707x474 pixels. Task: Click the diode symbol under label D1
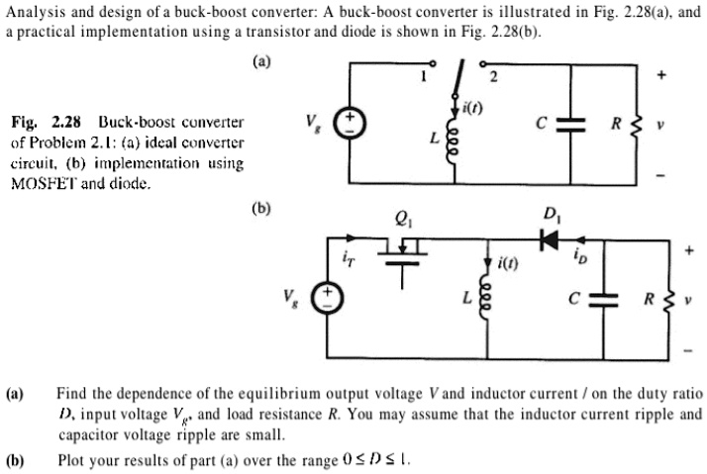(548, 238)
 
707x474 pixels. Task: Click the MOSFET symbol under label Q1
(402, 247)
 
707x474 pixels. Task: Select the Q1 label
(402, 220)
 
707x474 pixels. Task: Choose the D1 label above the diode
(551, 213)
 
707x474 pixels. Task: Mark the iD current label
(583, 262)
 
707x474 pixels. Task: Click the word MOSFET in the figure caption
(43, 183)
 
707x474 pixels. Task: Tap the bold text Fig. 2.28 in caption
(45, 124)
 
